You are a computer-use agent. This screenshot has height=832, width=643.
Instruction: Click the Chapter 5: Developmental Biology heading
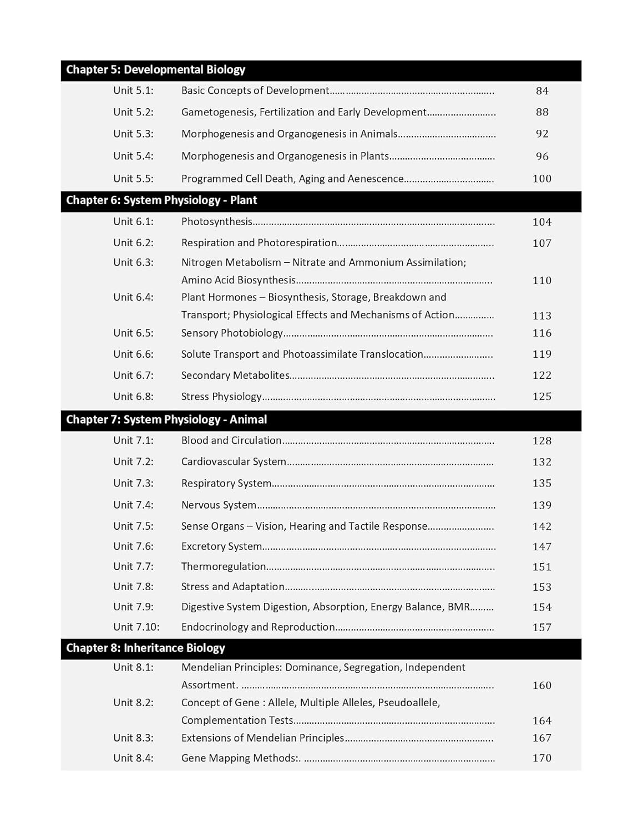[155, 70]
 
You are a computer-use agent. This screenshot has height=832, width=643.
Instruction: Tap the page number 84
[542, 91]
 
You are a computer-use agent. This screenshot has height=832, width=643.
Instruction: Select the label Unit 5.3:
[133, 134]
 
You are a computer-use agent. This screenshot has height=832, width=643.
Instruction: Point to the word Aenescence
[376, 179]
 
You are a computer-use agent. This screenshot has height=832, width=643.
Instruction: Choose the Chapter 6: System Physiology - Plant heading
[161, 200]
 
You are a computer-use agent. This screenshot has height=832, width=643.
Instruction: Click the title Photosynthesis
[216, 222]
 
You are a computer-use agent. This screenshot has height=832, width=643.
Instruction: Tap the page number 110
[542, 281]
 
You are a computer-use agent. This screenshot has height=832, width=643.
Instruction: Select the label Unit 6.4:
[133, 297]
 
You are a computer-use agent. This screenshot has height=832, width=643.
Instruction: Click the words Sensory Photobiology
[232, 333]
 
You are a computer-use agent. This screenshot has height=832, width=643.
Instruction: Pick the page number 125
[542, 397]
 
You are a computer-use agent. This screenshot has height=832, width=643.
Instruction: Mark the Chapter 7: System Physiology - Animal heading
[166, 420]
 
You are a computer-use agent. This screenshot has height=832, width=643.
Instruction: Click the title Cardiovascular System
[234, 462]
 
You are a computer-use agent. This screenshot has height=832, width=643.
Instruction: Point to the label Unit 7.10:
[136, 627]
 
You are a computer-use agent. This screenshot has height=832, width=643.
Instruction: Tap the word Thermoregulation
[224, 567]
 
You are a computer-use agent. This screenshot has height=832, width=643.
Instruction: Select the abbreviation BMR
[459, 607]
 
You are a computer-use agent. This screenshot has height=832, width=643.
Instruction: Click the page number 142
[542, 526]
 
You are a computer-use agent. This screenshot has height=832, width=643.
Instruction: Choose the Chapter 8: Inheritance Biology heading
[145, 648]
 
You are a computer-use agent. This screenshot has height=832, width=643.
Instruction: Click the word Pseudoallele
[408, 703]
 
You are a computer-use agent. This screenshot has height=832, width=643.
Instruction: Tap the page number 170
[542, 758]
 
